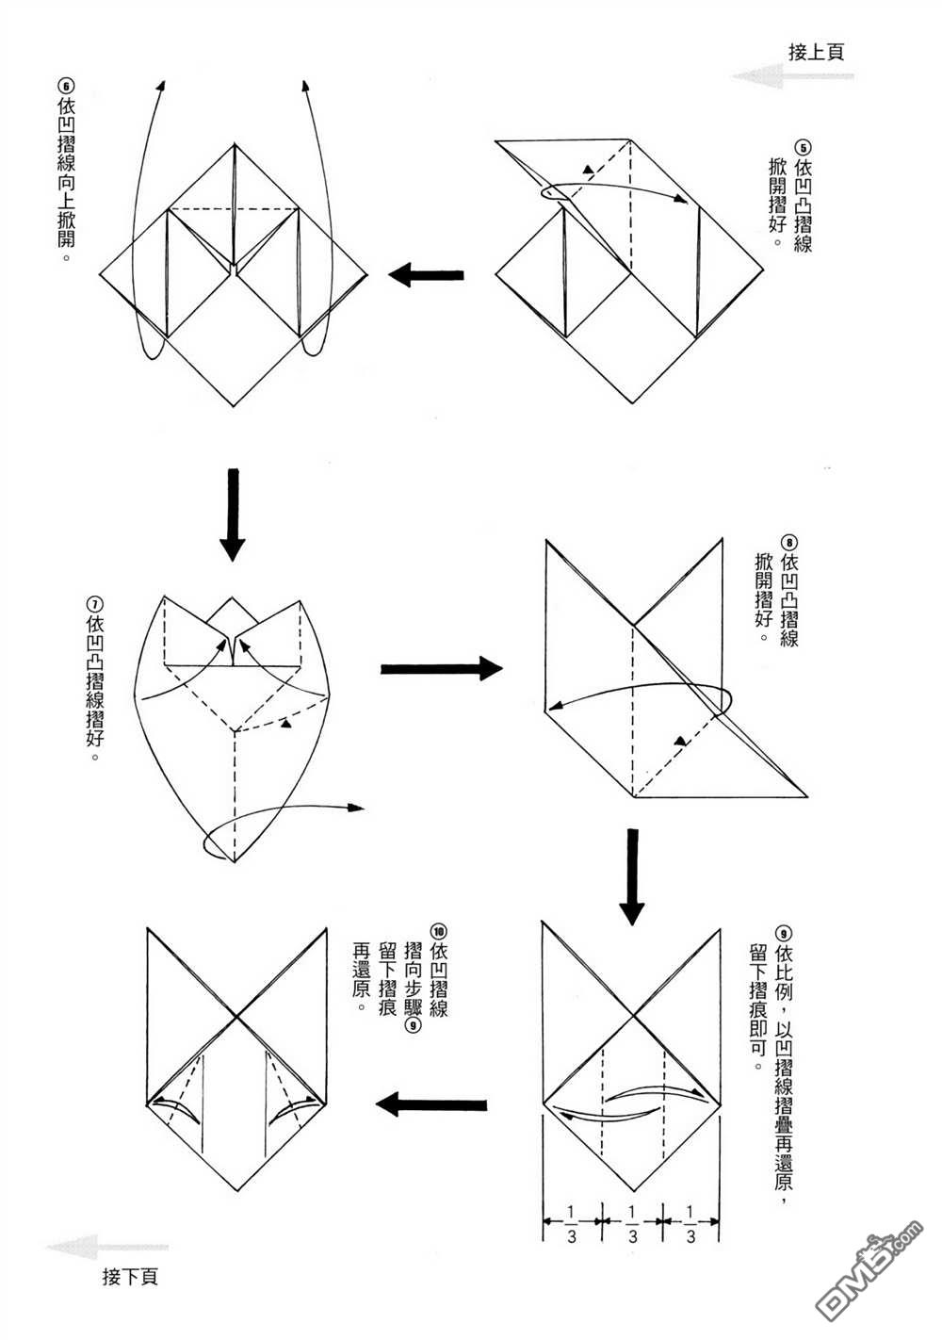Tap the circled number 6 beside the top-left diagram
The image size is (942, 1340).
point(65,86)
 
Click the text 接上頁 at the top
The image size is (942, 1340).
point(816,52)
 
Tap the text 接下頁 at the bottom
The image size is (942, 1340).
point(130,1277)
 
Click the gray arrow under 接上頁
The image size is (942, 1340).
point(793,76)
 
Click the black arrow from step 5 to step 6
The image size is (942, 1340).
point(425,275)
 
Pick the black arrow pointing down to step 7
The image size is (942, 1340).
point(233,515)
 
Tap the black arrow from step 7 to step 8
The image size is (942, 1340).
point(442,669)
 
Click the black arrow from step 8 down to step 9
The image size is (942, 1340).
point(631,876)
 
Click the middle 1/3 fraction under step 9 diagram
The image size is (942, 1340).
point(632,1224)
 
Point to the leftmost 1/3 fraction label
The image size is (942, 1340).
point(571,1224)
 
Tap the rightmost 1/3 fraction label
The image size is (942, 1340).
point(690,1224)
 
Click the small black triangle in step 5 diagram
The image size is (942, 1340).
point(589,170)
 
